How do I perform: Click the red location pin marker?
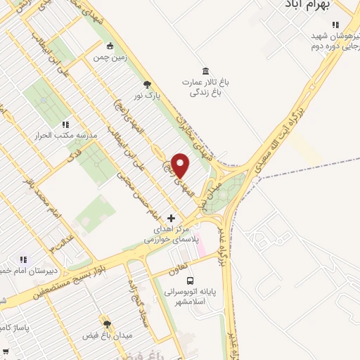pyautogui.click(x=181, y=166)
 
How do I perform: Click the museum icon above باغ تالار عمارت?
pyautogui.click(x=205, y=72)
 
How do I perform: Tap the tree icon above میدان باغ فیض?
pyautogui.click(x=107, y=324)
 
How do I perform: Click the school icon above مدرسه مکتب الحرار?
pyautogui.click(x=65, y=124)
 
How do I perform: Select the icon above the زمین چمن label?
pyautogui.click(x=100, y=46)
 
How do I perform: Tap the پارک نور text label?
pyautogui.click(x=148, y=94)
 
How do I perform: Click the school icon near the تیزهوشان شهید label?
pyautogui.click(x=335, y=25)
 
